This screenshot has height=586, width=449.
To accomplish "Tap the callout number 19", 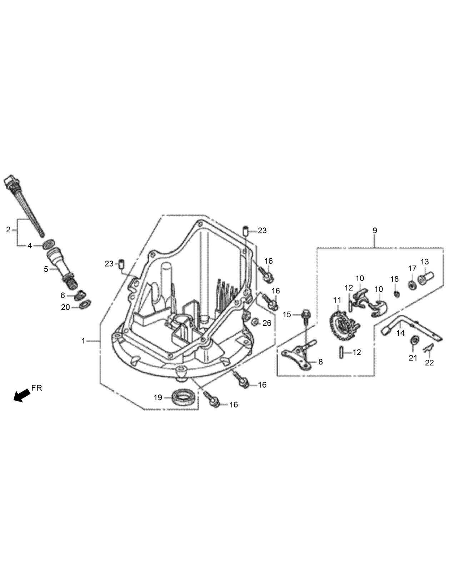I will (158, 397).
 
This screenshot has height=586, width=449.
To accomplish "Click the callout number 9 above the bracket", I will (375, 231).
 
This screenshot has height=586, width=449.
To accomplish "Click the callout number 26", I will (267, 323).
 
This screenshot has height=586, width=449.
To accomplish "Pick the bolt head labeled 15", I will (306, 314).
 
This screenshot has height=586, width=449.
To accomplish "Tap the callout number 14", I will (400, 333).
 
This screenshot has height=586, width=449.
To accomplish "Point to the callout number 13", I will (424, 262).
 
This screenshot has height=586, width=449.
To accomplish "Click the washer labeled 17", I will (412, 284).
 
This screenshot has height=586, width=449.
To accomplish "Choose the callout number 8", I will (320, 362).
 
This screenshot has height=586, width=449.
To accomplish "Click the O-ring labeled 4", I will (48, 245).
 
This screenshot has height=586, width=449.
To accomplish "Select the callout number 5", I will (46, 269).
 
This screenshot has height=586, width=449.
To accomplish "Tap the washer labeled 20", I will (85, 304).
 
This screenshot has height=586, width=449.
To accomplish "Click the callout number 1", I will (84, 341).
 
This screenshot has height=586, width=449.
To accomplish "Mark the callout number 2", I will (8, 230).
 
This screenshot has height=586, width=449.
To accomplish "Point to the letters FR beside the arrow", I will (36, 388).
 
